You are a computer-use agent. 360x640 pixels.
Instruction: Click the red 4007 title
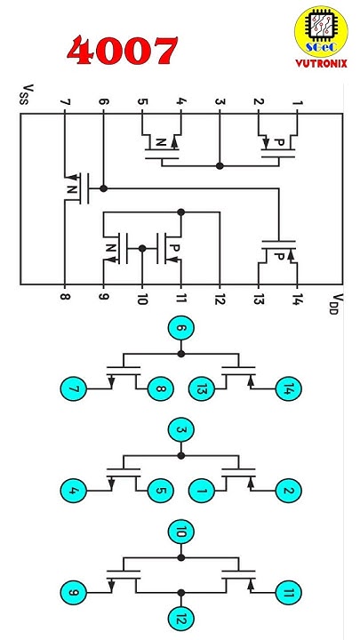click(x=124, y=52)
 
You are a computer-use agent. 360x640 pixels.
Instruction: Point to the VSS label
click(x=28, y=93)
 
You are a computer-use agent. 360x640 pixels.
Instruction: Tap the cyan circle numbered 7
click(x=74, y=388)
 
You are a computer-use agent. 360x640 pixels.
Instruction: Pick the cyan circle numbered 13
click(x=201, y=388)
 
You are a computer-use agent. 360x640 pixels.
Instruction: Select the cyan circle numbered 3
click(x=180, y=432)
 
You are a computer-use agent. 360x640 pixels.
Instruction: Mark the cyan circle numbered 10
click(x=180, y=533)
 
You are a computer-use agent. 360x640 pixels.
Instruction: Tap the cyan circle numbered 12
click(x=180, y=616)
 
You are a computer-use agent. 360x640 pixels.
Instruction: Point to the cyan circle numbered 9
click(x=74, y=591)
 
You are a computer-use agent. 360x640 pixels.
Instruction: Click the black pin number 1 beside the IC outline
click(x=298, y=102)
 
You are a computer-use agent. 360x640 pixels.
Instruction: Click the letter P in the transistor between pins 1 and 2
click(x=277, y=142)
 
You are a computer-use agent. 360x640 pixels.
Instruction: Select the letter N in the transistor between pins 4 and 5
click(x=161, y=142)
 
